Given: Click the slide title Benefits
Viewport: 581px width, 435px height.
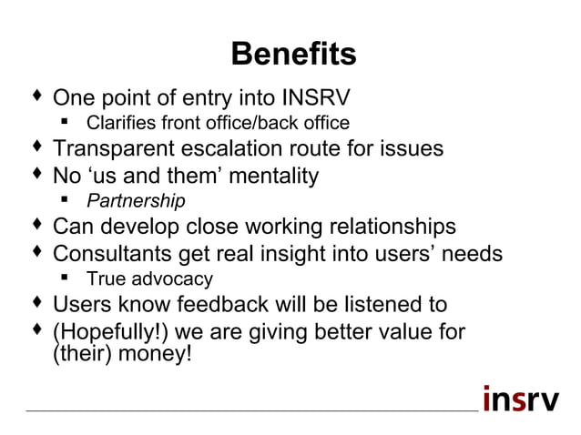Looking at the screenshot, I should [x=292, y=55].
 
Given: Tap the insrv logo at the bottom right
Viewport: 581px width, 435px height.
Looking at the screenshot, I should [x=521, y=399].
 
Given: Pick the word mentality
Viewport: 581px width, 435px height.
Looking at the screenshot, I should [x=269, y=175].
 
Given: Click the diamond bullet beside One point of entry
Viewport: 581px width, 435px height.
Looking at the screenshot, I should [x=36, y=94].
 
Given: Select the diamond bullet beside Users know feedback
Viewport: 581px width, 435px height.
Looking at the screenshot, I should [x=36, y=302].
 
